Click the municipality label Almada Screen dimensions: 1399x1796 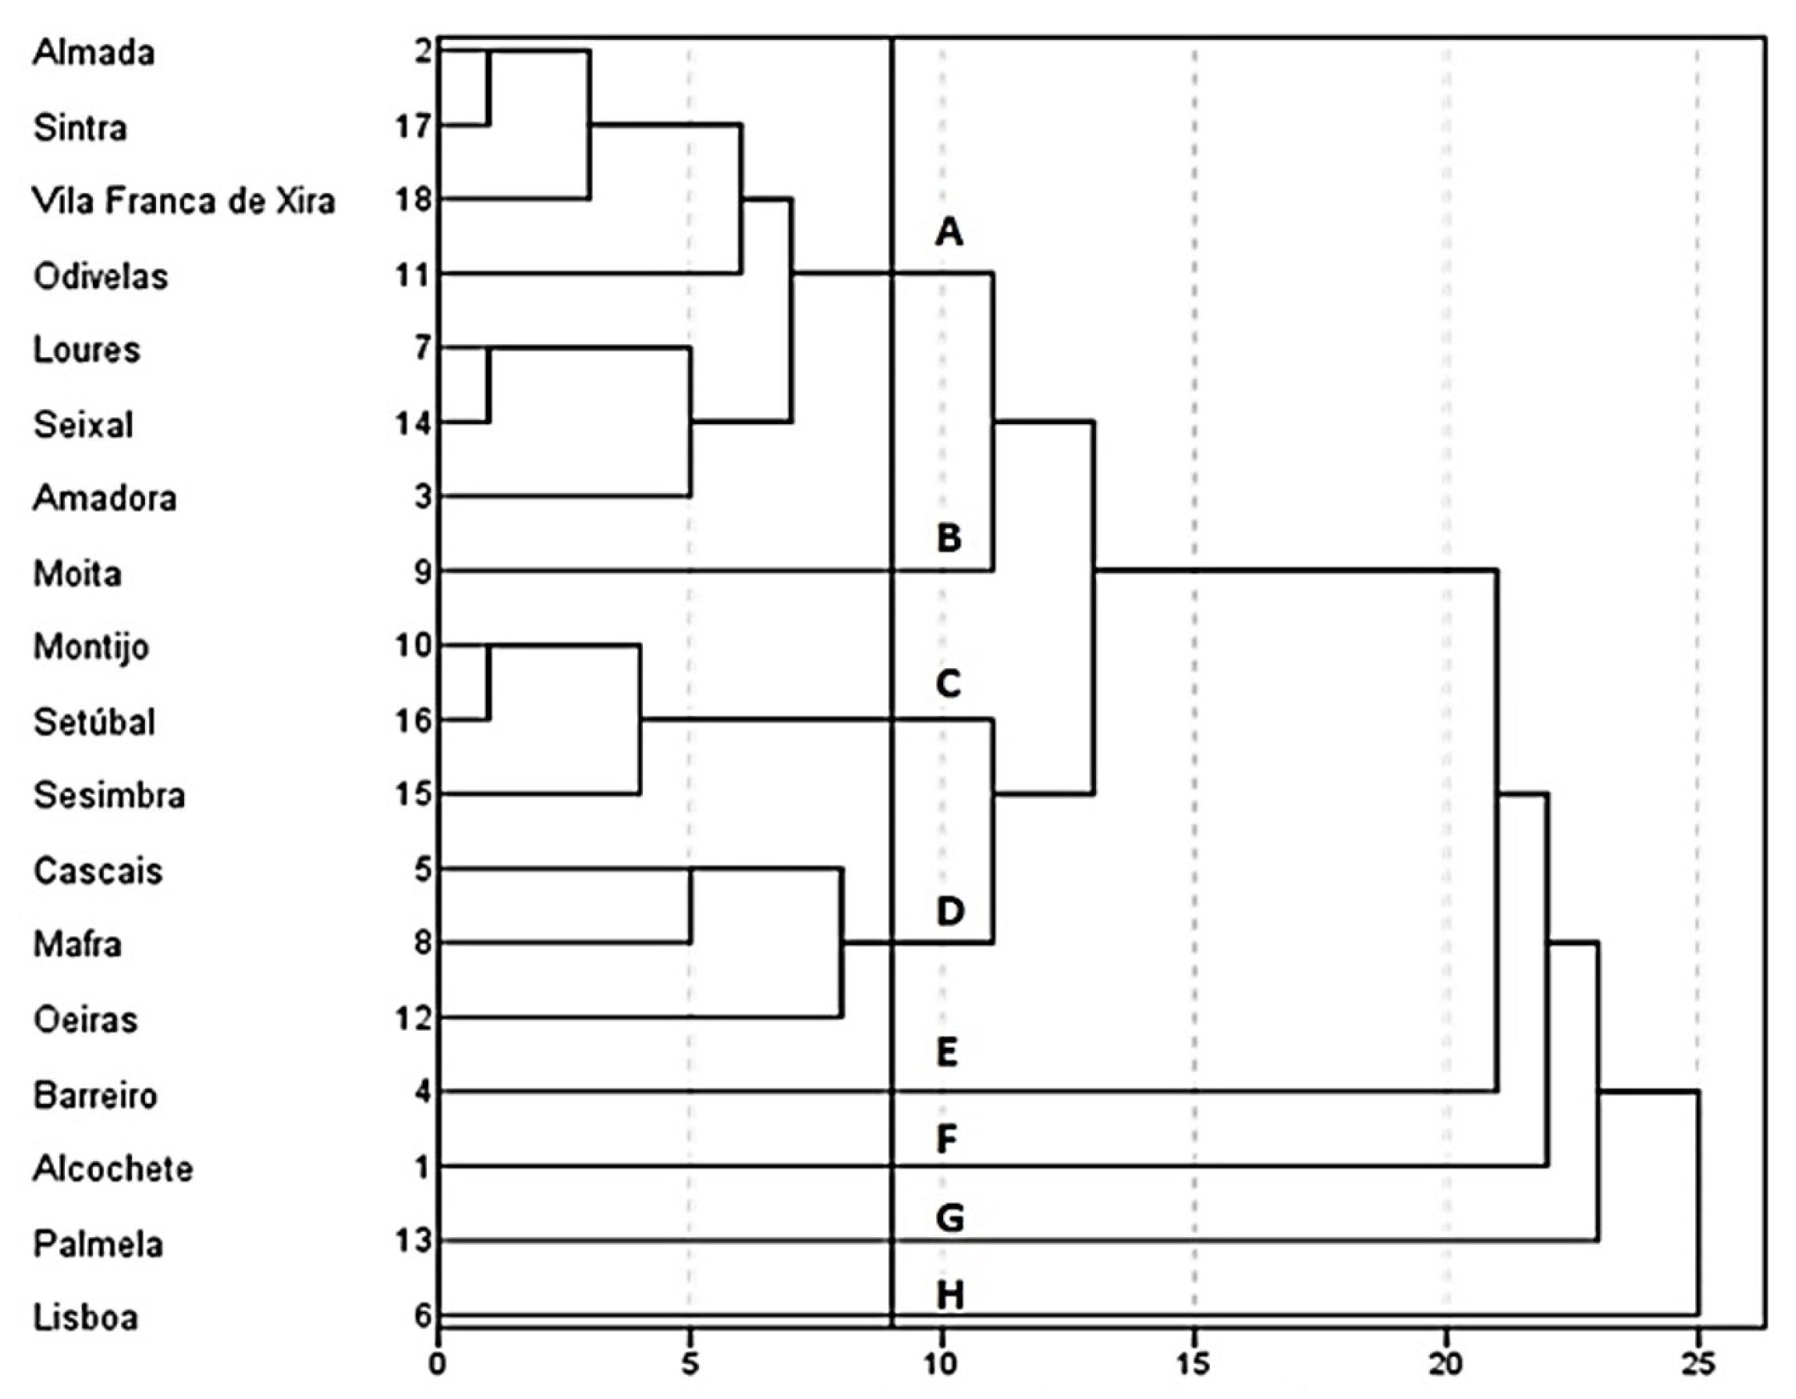pyautogui.click(x=94, y=53)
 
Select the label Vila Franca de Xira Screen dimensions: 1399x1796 pyautogui.click(x=183, y=202)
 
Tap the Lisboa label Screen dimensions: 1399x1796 pyautogui.click(x=86, y=1317)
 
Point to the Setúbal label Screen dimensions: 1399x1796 pyautogui.click(x=94, y=722)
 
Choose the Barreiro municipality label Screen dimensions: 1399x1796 pyautogui.click(x=95, y=1095)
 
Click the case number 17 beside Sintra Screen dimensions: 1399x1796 pyautogui.click(x=413, y=127)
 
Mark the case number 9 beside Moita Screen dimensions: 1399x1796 pyautogui.click(x=422, y=572)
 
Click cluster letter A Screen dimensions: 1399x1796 pyautogui.click(x=949, y=233)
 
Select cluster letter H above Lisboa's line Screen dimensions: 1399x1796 pyautogui.click(x=950, y=1297)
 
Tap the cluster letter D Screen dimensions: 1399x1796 pyautogui.click(x=950, y=912)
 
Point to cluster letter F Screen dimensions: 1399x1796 pyautogui.click(x=947, y=1140)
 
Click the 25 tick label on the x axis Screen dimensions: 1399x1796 pyautogui.click(x=1698, y=1365)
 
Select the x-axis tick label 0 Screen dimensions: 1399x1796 pyautogui.click(x=438, y=1365)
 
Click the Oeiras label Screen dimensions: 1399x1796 pyautogui.click(x=86, y=1020)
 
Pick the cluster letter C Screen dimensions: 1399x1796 pyautogui.click(x=948, y=683)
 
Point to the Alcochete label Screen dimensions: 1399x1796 pyautogui.click(x=113, y=1168)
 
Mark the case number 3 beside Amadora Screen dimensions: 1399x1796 pyautogui.click(x=423, y=497)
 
